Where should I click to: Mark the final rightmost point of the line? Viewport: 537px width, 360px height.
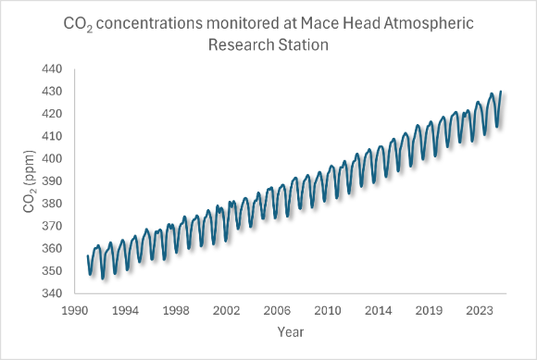pyautogui.click(x=501, y=92)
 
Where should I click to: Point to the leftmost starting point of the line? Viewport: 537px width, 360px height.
pyautogui.click(x=88, y=255)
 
